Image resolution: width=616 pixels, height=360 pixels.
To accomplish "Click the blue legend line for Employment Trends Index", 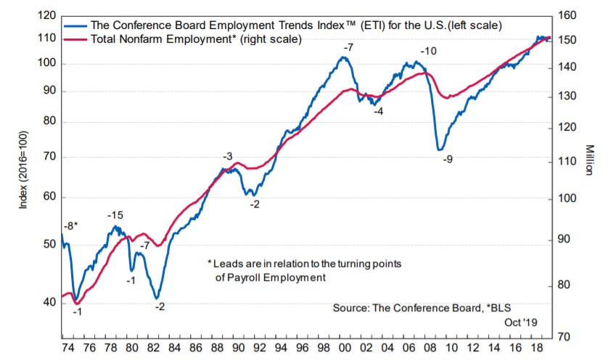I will pos(77,24).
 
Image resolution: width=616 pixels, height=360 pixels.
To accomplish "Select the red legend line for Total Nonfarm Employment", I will pos(77,37).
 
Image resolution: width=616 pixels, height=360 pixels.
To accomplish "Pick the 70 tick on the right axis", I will pos(566,337).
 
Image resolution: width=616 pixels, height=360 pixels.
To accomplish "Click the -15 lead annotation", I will pos(116,216).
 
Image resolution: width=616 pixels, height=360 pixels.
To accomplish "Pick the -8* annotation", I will pos(70,226).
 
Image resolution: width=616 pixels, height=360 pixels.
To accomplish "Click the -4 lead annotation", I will pos(378,110).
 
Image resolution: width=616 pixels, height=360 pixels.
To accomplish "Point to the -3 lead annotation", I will pos(227,157).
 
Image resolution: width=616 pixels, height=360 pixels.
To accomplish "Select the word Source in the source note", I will pos(350,308).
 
